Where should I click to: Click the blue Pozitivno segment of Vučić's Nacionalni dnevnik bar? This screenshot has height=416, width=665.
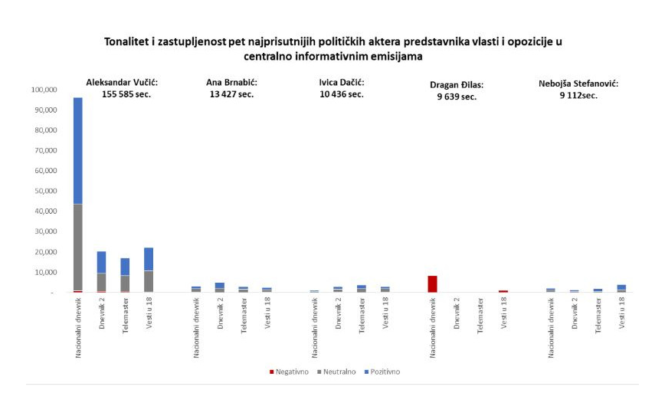77,150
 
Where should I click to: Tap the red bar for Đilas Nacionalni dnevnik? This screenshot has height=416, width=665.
432,284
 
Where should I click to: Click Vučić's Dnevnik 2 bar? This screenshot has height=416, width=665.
101,272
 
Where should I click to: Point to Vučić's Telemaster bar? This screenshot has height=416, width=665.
125,275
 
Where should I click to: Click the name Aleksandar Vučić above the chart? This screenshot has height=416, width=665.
126,82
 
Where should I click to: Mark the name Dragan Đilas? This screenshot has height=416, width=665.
457,85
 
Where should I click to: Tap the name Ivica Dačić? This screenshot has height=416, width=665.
341,82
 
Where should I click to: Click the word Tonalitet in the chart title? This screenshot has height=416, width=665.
129,41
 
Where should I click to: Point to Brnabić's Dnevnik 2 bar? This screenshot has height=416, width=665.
219,287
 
